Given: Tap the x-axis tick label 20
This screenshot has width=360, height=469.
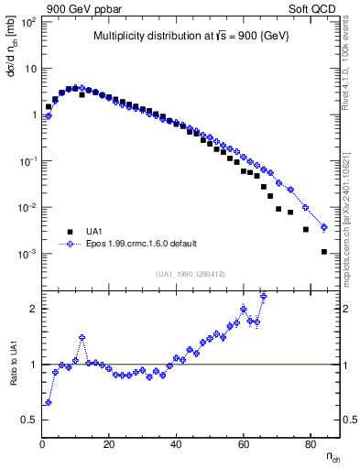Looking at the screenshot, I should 109,444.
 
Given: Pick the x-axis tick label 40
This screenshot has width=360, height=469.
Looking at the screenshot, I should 176,444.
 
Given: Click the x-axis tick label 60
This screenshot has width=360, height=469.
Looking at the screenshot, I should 243,444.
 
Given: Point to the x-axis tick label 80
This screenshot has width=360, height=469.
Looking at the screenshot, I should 310,444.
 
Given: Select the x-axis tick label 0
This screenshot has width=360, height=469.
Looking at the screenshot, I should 42,444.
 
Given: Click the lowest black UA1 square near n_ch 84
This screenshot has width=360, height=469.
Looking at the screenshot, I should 323,251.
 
